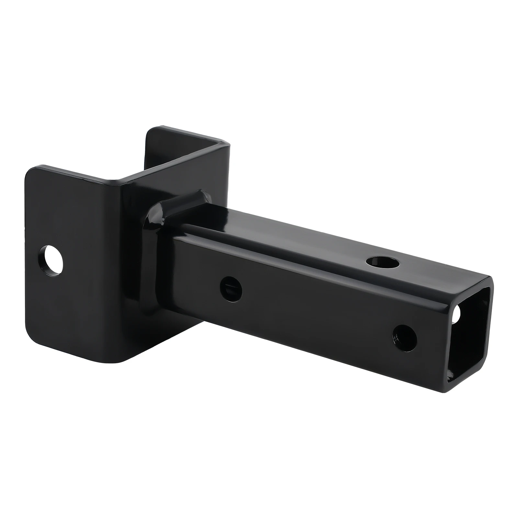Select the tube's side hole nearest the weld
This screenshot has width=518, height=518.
click(x=231, y=287)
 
